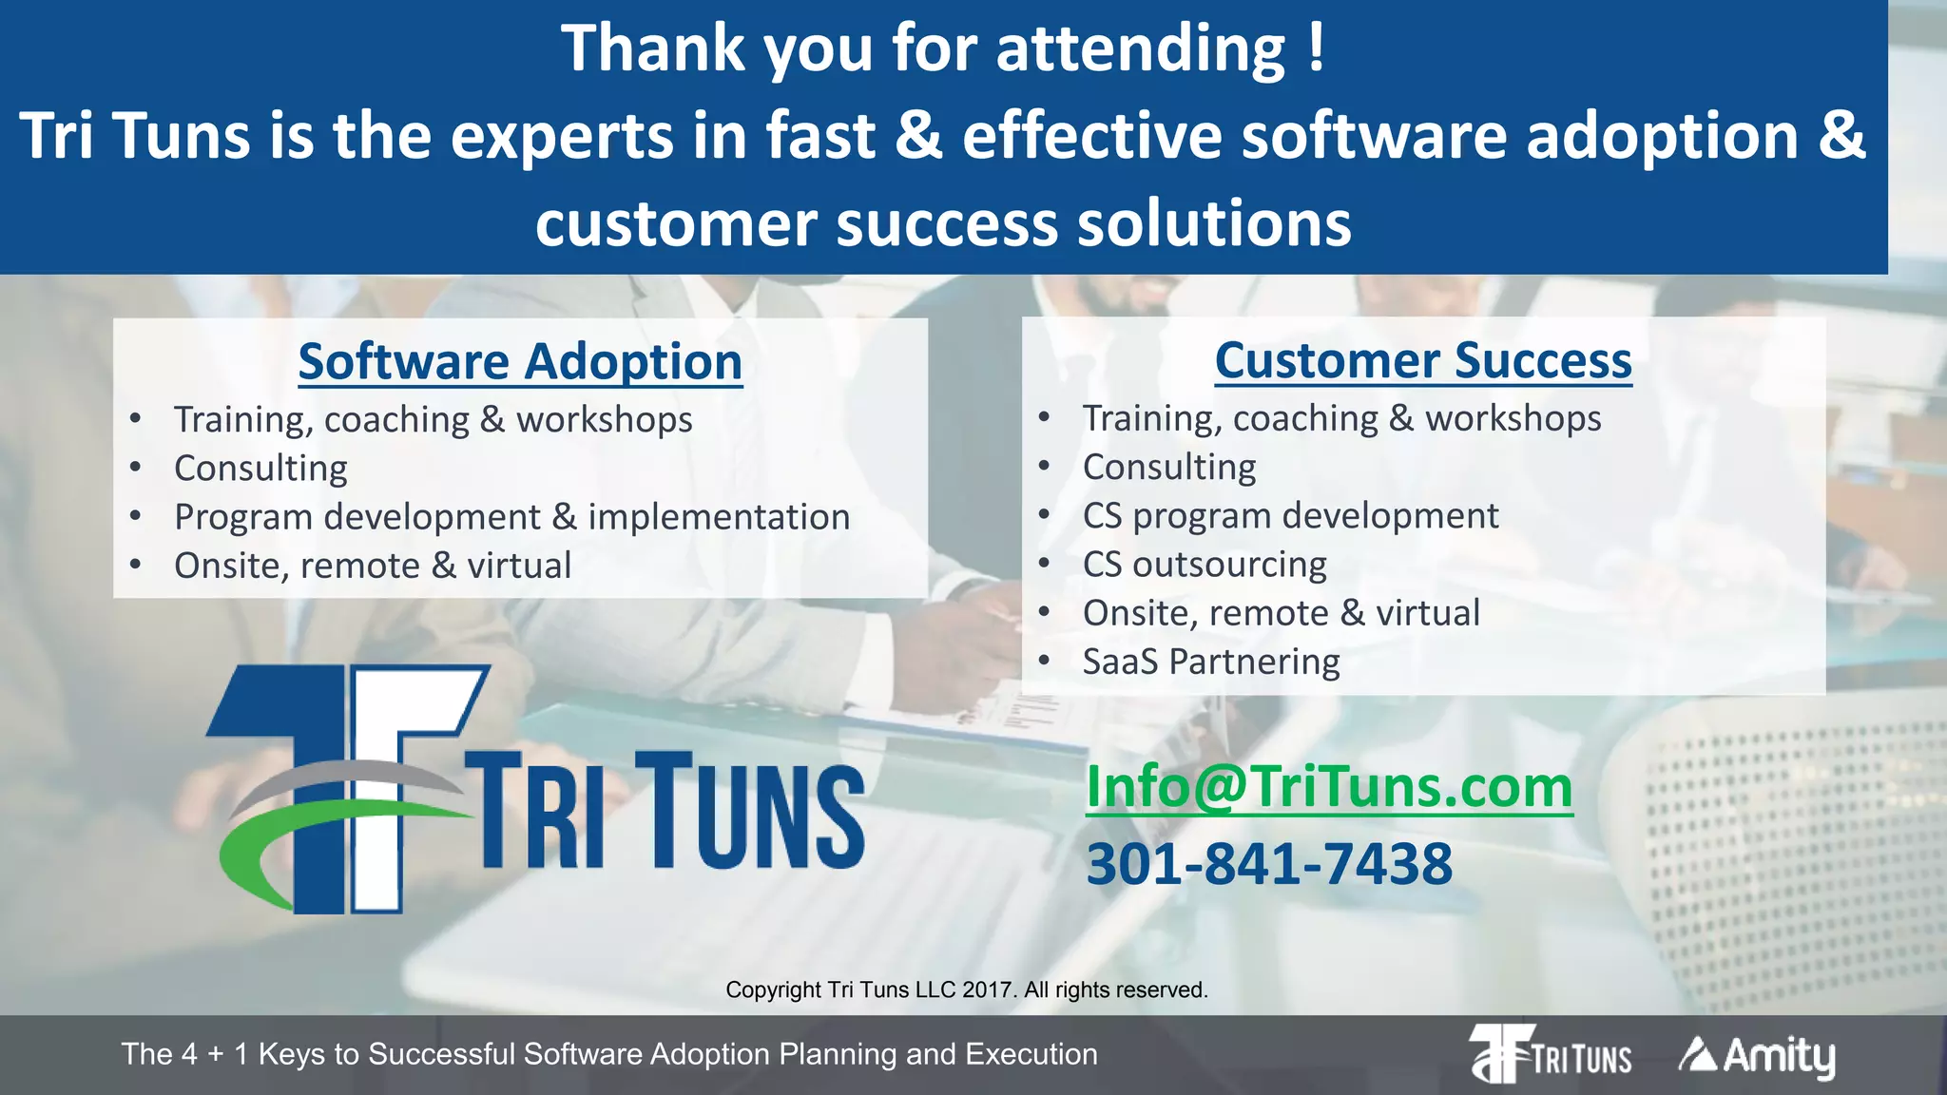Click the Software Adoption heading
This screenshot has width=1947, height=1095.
[x=520, y=362]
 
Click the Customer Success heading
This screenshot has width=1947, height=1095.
[x=1423, y=361]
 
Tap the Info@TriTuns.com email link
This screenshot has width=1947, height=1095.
[x=1329, y=787]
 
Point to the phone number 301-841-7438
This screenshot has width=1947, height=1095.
[x=1269, y=864]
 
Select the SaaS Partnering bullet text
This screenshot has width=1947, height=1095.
[x=1211, y=662]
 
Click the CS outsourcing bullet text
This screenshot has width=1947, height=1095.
[x=1205, y=565]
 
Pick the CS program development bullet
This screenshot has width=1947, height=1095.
[x=1290, y=516]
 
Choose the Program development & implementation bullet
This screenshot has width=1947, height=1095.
[x=511, y=517]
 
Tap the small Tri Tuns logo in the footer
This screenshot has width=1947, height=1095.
[x=1551, y=1054]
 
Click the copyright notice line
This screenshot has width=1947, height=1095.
[x=967, y=989]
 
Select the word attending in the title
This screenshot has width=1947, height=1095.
[x=1141, y=49]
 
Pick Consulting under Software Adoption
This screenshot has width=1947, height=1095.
[x=260, y=469]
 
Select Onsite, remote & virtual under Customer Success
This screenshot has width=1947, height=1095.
[x=1281, y=613]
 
